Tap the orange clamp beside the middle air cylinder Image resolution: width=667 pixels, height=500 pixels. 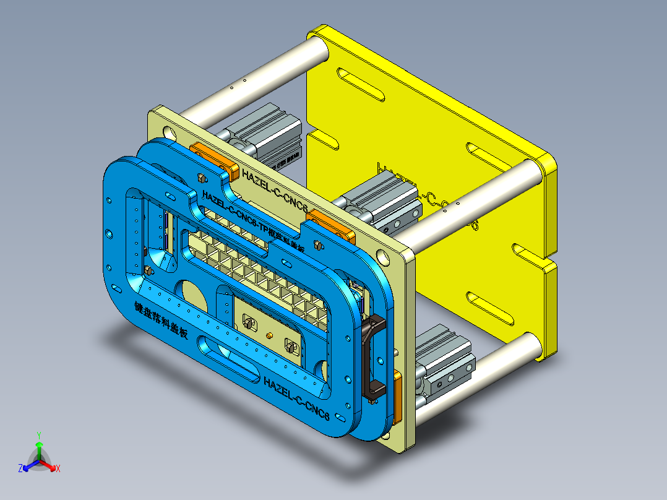(332, 225)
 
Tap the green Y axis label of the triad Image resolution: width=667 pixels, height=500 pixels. (38, 435)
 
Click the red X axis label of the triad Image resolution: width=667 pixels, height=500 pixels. (58, 468)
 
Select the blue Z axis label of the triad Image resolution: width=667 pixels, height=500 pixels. (20, 469)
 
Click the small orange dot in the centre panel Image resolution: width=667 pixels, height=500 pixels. (269, 335)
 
